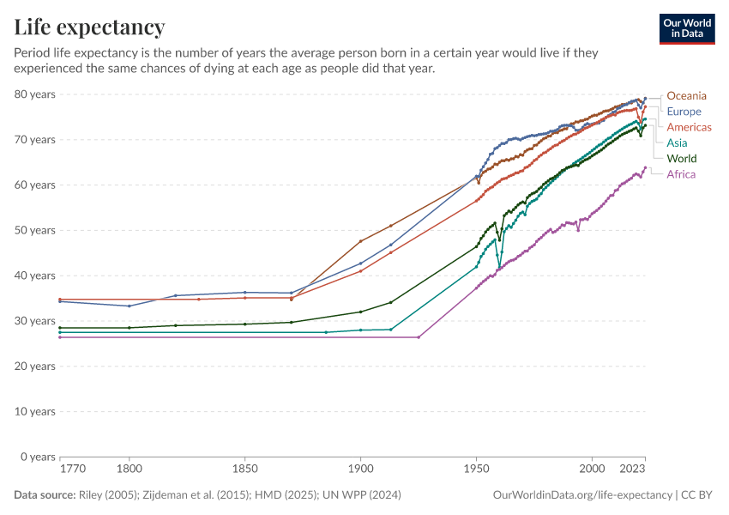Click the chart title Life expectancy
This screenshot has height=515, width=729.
[x=89, y=27]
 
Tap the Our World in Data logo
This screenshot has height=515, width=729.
[x=686, y=28]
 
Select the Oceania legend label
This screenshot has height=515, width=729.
[x=686, y=95]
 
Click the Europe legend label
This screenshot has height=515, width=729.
[x=684, y=112]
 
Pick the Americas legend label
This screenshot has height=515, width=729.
[x=689, y=127]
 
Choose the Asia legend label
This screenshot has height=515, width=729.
[x=677, y=142]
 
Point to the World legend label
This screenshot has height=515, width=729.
[x=681, y=159]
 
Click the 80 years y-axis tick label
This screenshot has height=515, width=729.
[x=35, y=94]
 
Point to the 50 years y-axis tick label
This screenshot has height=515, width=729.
[x=35, y=230]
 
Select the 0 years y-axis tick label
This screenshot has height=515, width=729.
[x=38, y=457]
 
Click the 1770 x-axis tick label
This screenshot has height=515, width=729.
[x=72, y=470]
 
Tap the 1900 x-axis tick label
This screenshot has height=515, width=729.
[x=360, y=470]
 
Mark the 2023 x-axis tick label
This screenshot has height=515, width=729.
[x=632, y=470]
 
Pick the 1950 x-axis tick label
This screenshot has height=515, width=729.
[x=476, y=470]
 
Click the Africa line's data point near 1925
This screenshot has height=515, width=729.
[x=419, y=337]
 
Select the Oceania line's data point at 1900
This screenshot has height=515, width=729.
[x=360, y=241]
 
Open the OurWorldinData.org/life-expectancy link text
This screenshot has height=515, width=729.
[x=582, y=495]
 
